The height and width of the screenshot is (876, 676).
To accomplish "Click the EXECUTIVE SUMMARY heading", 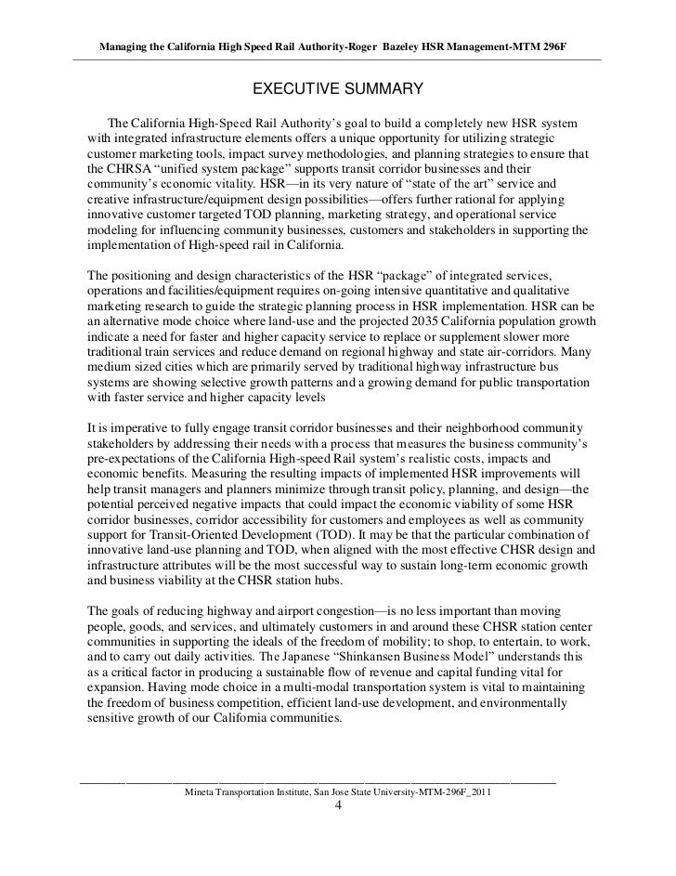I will tap(338, 89).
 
